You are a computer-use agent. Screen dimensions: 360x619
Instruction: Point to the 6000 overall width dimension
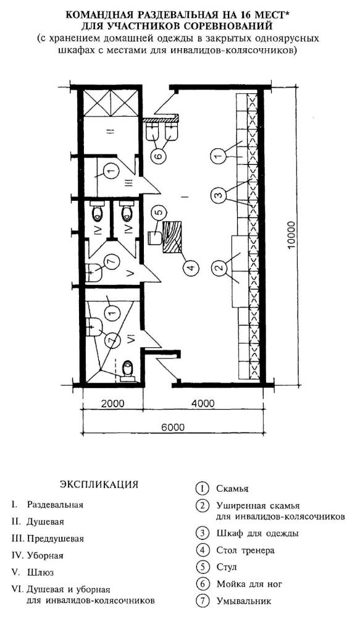click(x=172, y=427)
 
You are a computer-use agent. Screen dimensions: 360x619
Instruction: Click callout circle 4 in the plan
click(x=190, y=268)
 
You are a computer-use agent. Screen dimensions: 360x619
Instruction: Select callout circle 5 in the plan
click(x=157, y=213)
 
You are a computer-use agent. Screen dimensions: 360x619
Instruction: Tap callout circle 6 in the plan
click(x=157, y=156)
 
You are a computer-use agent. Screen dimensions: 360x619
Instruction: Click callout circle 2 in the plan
click(x=217, y=267)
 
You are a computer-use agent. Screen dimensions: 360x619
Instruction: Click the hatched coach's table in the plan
click(x=172, y=237)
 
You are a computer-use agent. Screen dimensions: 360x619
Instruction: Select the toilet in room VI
click(x=127, y=371)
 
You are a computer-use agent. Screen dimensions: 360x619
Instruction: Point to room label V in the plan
click(x=132, y=273)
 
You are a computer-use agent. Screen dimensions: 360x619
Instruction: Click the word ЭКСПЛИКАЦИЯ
click(x=99, y=484)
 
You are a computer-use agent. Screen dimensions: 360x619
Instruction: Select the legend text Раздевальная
click(x=54, y=505)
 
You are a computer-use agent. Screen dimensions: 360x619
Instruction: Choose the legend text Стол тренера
click(x=245, y=550)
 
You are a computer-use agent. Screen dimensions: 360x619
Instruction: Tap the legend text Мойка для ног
click(x=249, y=584)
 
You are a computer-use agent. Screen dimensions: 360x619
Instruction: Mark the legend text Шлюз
click(x=40, y=573)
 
